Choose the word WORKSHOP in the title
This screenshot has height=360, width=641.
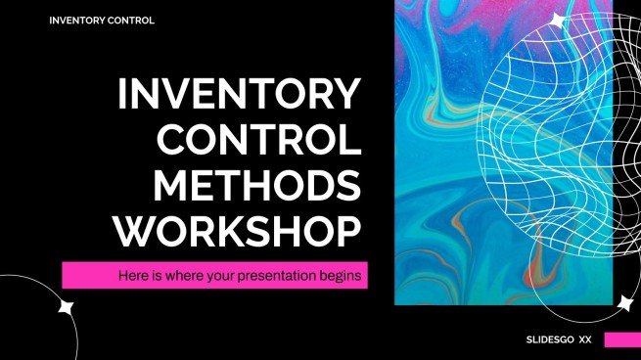tap(238, 230)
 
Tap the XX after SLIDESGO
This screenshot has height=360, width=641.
tap(585, 340)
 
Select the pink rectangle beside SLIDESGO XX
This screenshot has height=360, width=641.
tap(621, 340)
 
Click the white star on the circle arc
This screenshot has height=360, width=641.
tap(67, 307)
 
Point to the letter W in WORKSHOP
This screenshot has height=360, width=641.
tap(138, 230)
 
